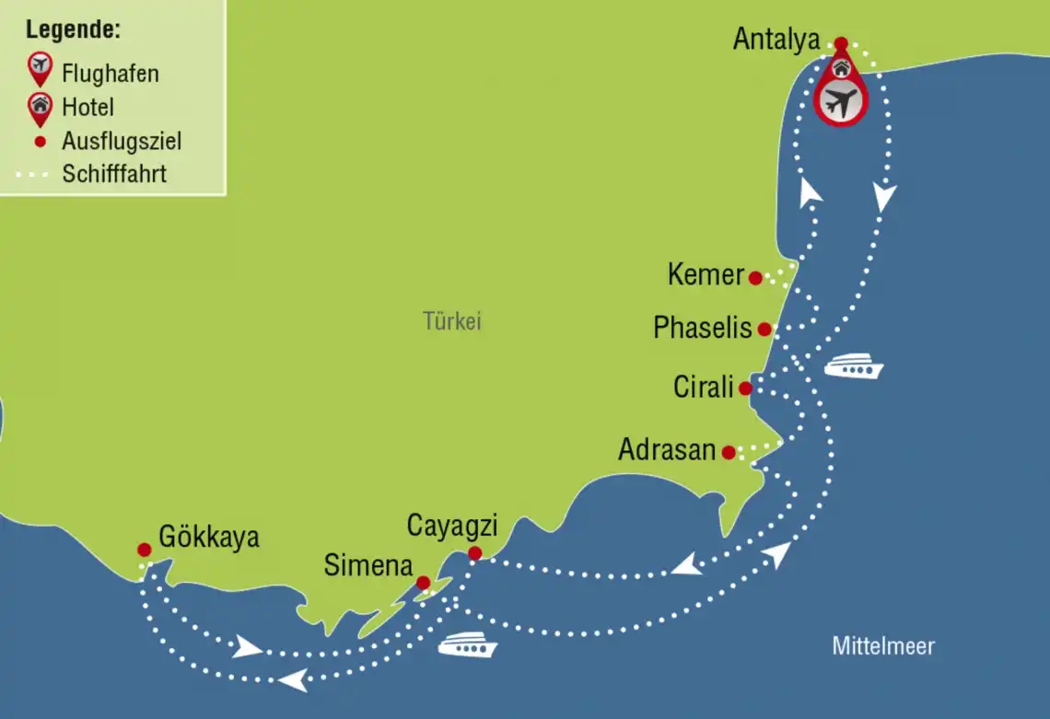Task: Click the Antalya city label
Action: [776, 41]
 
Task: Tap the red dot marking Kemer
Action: [755, 278]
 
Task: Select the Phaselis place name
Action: [703, 328]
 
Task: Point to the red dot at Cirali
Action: [745, 388]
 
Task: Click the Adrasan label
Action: [667, 450]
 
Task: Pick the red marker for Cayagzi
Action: [474, 553]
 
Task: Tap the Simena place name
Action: [367, 565]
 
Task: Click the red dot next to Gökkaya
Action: [145, 550]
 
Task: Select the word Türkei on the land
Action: [452, 322]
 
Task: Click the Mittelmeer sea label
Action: [883, 646]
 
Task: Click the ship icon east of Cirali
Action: [853, 368]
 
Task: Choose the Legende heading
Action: [73, 29]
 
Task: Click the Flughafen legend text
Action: [111, 73]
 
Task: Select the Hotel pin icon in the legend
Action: [40, 107]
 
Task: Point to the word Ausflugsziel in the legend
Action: [122, 141]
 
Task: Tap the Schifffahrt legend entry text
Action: [114, 174]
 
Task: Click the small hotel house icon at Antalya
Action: [840, 67]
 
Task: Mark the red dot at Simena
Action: [423, 583]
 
